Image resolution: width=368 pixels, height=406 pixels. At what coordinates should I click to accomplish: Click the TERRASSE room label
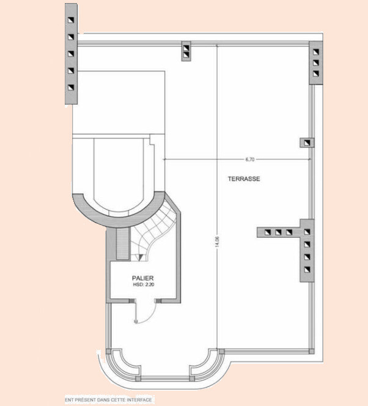[244, 179]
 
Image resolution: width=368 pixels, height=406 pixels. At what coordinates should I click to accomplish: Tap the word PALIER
[142, 278]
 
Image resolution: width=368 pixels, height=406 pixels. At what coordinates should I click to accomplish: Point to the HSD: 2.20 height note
[144, 284]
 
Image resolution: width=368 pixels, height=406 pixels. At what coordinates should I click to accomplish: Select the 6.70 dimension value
[250, 160]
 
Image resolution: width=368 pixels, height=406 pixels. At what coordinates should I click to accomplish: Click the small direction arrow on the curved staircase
[141, 257]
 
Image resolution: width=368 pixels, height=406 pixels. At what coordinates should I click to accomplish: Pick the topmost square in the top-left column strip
[71, 20]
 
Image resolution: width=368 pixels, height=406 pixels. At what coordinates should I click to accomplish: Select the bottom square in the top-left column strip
[71, 87]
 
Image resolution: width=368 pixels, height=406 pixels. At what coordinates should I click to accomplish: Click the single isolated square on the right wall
[307, 142]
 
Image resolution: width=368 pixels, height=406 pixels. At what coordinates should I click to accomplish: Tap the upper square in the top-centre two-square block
[186, 48]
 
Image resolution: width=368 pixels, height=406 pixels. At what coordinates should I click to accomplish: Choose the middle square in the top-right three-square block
[315, 63]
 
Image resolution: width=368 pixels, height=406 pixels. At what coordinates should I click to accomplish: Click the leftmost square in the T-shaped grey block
[268, 232]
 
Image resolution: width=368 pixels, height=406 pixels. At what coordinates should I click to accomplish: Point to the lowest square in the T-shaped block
[307, 270]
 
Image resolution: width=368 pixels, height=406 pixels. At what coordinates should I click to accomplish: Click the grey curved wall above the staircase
[119, 219]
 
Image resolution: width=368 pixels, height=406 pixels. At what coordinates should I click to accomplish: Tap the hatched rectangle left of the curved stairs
[122, 243]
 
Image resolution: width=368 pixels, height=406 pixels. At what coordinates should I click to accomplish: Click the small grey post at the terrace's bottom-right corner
[312, 352]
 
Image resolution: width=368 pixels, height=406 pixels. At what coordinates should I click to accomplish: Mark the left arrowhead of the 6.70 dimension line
[164, 160]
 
